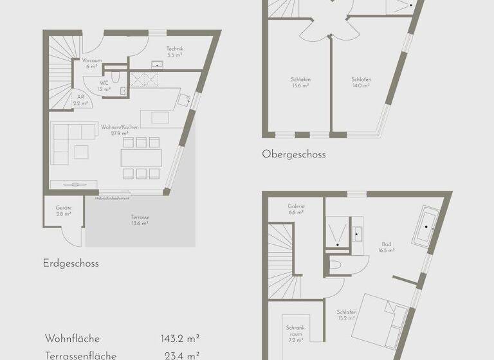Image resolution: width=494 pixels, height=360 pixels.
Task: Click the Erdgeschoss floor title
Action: coord(71,263)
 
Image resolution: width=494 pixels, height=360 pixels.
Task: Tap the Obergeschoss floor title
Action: coord(294,154)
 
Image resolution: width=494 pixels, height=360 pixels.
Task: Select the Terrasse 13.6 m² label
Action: coord(140,221)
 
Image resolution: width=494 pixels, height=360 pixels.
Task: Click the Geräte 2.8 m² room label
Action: coord(64,210)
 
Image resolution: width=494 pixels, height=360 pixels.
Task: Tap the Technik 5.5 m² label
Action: coord(175,52)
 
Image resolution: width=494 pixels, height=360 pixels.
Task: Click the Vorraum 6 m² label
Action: coord(91,63)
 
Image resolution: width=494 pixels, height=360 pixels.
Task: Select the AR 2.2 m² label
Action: coord(80,100)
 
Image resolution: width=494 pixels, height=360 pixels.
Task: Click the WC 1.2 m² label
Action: coord(104,86)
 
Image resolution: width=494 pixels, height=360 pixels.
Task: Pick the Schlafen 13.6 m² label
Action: coord(300,82)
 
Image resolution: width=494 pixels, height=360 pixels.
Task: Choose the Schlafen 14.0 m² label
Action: coord(361,82)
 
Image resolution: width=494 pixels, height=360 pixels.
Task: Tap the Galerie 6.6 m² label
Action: coord(296,209)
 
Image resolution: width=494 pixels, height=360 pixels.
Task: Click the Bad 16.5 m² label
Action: coord(387,248)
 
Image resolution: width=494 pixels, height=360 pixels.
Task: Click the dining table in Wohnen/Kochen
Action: coord(141,157)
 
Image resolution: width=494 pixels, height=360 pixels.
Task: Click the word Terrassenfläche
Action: coord(80,354)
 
